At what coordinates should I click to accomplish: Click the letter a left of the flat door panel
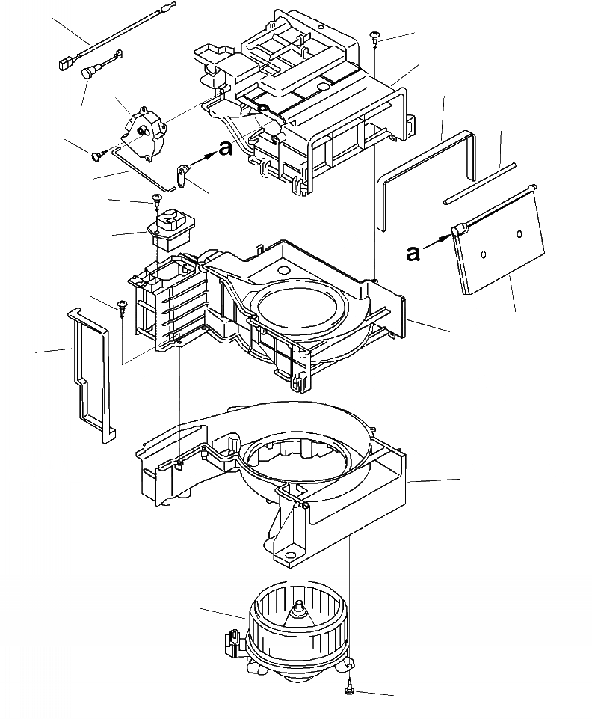coord(413,254)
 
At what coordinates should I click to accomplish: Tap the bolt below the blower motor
coord(350,687)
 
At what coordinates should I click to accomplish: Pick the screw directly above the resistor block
coord(157,198)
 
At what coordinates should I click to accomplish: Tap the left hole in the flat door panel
coord(484,254)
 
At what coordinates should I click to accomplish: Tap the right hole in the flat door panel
coord(519,235)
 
